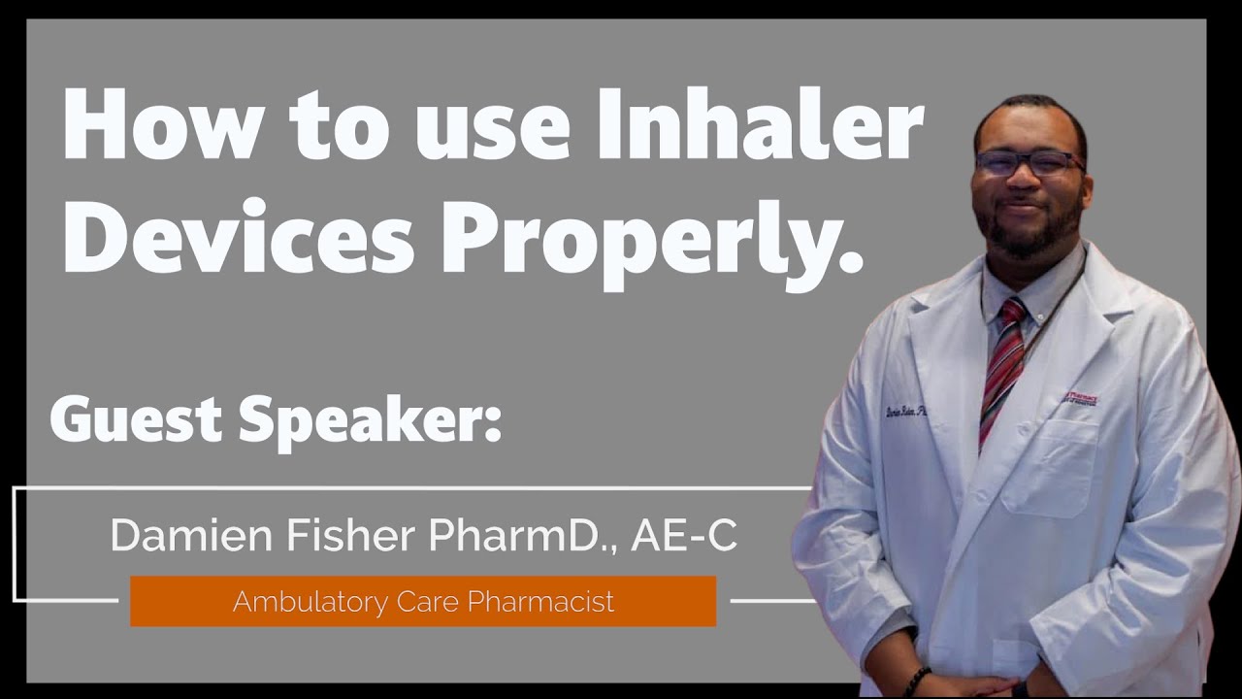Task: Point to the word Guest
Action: coord(136,419)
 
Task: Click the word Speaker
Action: coord(369,421)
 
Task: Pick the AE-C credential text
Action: coord(684,536)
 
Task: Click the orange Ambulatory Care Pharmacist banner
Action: coord(423,601)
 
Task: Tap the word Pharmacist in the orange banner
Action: coord(540,601)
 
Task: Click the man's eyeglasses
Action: coord(1029,162)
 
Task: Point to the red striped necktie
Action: coord(1003,365)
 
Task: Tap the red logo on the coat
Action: coord(1081,398)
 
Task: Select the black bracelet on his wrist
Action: coord(916,680)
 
